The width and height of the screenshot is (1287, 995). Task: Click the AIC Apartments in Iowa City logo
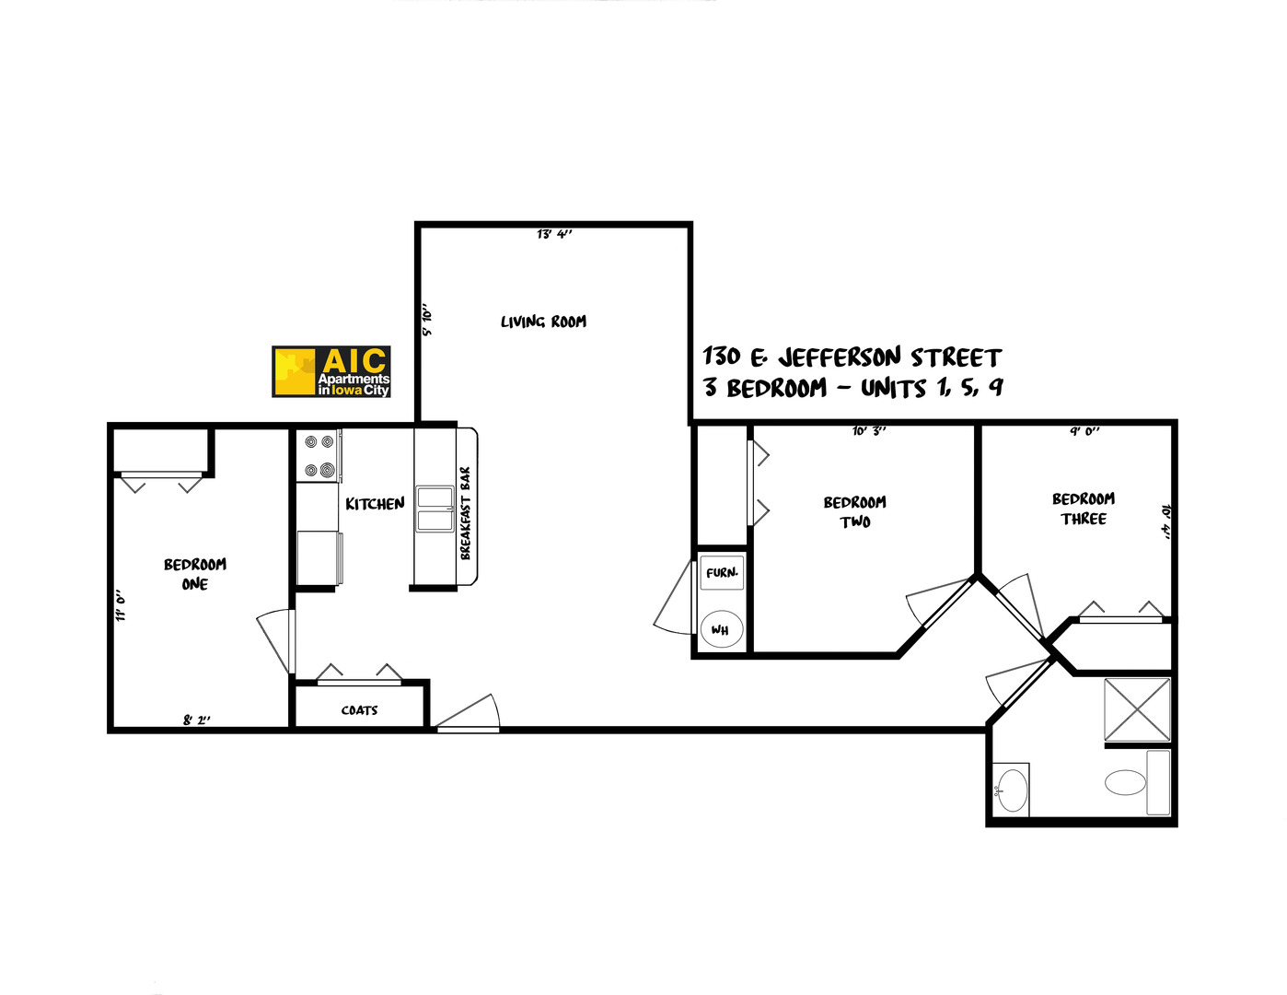pos(331,371)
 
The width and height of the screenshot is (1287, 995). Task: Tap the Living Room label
pos(543,322)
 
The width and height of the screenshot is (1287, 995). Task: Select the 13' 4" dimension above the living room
pos(554,234)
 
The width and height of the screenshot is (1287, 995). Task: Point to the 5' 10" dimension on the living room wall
pos(427,320)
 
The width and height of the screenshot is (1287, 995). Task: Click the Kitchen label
pos(375,504)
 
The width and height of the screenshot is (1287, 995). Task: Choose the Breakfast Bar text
pos(466,512)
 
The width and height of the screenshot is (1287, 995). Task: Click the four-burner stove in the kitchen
pos(319,456)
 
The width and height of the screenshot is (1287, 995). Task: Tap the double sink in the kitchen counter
pos(435,509)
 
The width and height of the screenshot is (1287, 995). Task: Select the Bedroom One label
pos(195,574)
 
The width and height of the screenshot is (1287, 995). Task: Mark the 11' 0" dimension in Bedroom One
pos(121,605)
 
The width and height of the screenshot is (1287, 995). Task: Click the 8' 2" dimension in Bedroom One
pos(196,720)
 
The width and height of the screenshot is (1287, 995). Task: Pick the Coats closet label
pos(359,710)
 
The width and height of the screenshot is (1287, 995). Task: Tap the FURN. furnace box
pos(722,573)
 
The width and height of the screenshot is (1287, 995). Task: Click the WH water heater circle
pos(721,630)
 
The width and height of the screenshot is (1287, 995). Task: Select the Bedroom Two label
pos(855,512)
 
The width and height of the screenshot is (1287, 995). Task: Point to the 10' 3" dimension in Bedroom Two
pos(868,430)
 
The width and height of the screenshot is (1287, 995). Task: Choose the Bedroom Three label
pos(1084,509)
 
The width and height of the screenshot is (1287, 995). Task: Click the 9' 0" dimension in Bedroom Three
pos(1084,430)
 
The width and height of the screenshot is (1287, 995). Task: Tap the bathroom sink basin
pos(1012,790)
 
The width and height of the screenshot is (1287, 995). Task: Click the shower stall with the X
pos(1137,709)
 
